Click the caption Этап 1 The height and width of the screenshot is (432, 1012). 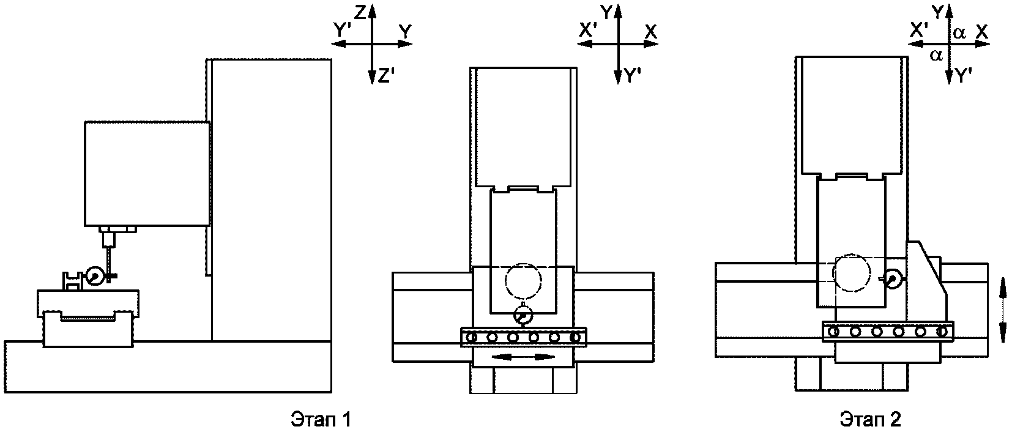click(x=321, y=419)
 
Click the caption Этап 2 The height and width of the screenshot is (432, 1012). click(x=870, y=419)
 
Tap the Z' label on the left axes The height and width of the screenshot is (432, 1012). click(x=387, y=76)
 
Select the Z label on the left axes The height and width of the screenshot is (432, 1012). click(x=360, y=13)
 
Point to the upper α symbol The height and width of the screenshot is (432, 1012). click(x=959, y=33)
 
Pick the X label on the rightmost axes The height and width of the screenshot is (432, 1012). click(x=982, y=32)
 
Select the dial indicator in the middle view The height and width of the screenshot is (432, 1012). click(x=524, y=316)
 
